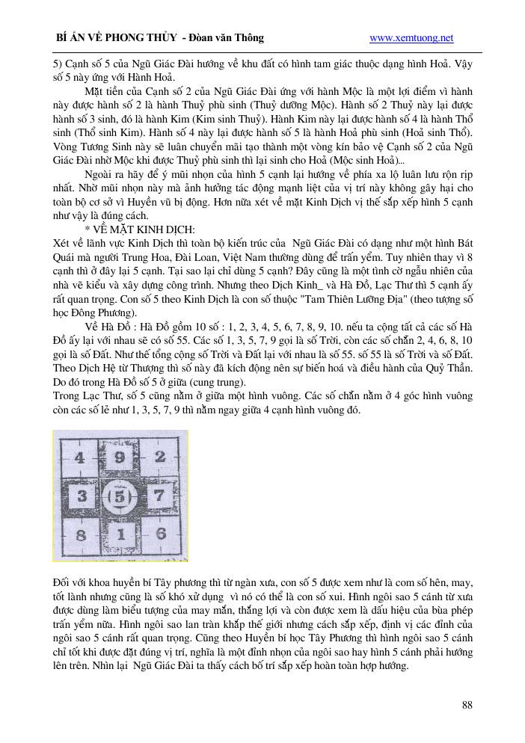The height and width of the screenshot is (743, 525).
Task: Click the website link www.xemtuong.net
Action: [x=411, y=38]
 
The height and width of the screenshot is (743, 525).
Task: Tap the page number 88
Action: [x=467, y=704]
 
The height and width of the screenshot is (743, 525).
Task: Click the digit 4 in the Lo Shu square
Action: [x=80, y=457]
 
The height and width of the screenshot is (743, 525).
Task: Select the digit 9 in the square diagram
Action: [x=119, y=457]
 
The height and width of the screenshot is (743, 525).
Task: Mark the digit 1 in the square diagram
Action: [x=120, y=534]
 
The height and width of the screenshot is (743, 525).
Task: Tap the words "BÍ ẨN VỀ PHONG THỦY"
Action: [x=116, y=38]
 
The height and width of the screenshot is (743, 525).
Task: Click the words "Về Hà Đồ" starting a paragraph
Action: [x=109, y=328]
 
